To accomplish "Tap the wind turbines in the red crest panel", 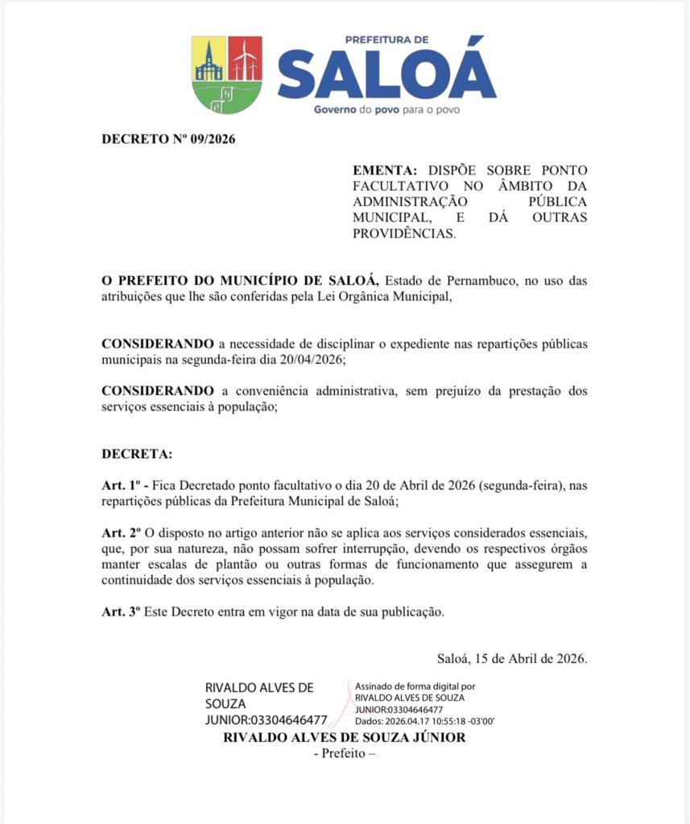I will tap(245, 60).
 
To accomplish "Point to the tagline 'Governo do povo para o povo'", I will tap(386, 109).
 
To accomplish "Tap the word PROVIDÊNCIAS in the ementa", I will tap(404, 233).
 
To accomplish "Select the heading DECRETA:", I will tap(137, 454).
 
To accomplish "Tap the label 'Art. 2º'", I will tap(122, 534).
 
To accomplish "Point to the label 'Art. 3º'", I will tap(122, 612).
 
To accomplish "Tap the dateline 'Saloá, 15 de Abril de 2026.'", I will tap(512, 658).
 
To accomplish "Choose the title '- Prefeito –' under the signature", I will tap(344, 753).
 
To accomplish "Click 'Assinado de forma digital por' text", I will tap(415, 687).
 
